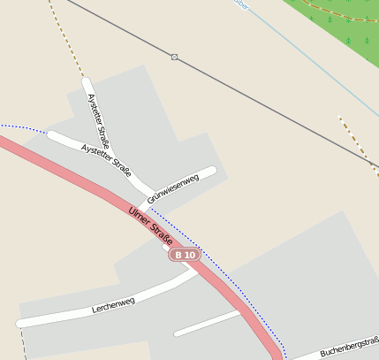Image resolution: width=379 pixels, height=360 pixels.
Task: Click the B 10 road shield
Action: [186, 255]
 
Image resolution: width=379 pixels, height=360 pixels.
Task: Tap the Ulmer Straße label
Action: [149, 224]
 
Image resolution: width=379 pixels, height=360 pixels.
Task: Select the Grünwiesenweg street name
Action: [173, 188]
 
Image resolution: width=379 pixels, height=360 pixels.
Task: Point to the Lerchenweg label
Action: [113, 306]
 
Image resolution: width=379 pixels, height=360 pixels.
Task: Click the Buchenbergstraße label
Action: [349, 346]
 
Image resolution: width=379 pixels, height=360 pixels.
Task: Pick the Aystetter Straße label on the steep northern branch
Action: [98, 121]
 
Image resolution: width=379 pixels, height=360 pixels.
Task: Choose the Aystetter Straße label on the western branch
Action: [106, 157]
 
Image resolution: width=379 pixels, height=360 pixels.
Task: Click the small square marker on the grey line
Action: [175, 57]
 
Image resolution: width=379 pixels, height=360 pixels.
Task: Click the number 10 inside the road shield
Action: [190, 255]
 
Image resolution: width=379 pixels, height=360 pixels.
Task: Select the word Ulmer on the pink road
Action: [139, 215]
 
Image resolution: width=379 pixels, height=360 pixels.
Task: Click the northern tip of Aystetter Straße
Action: [87, 82]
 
